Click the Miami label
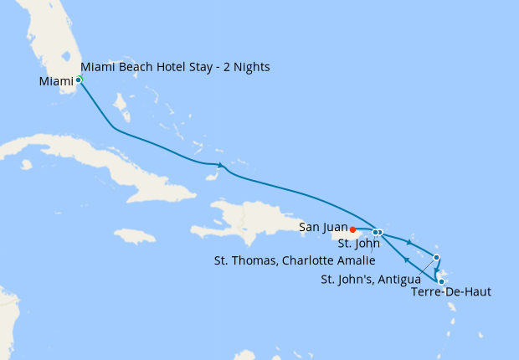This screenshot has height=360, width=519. [x=56, y=81]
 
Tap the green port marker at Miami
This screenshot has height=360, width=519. [x=79, y=80]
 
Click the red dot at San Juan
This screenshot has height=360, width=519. [x=353, y=229]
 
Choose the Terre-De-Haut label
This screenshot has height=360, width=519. [x=450, y=292]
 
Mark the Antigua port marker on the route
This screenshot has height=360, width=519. [x=436, y=257]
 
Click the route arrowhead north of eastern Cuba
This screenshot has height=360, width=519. [x=219, y=164]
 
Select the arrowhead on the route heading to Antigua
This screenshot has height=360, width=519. [x=409, y=242]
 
